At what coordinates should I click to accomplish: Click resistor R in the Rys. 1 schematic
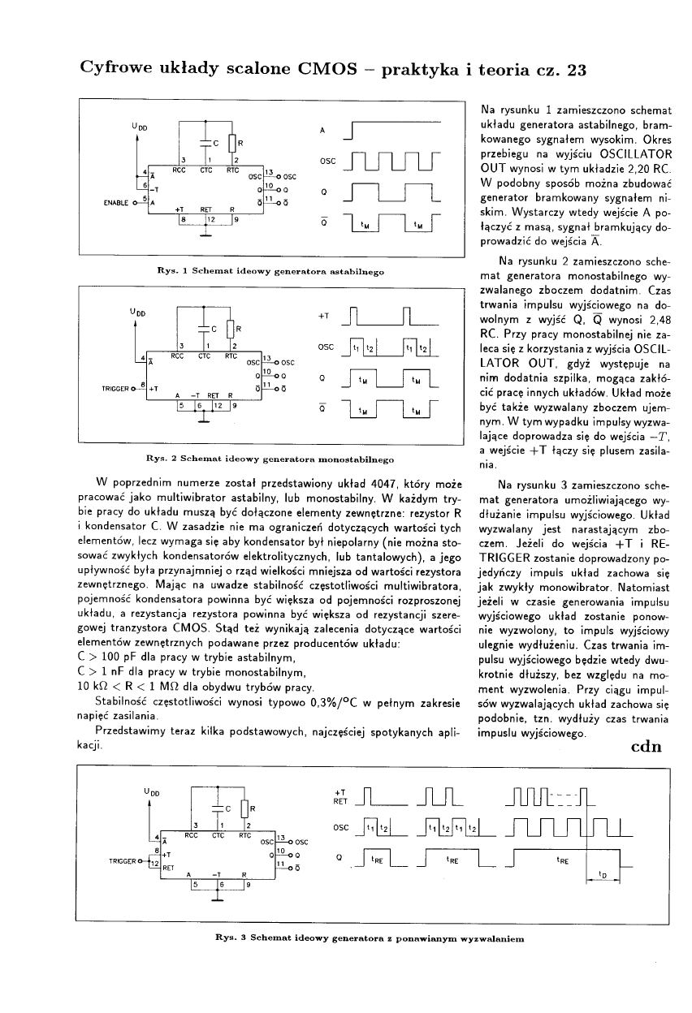pos(233,145)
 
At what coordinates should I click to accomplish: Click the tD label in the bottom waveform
pos(602,875)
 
